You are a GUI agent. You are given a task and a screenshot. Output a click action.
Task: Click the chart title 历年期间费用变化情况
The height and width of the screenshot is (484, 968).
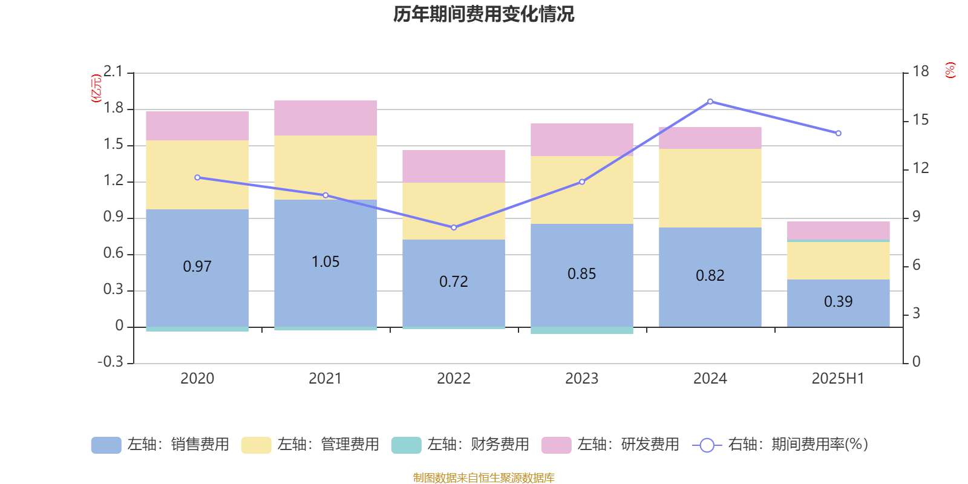pos(483,14)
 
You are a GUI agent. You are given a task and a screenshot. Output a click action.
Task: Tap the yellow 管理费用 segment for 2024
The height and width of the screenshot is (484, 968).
pos(710,188)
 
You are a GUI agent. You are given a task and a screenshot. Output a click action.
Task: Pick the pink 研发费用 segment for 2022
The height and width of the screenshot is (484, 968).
pos(454,166)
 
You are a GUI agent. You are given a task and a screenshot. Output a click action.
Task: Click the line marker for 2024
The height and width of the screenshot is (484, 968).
pos(710,102)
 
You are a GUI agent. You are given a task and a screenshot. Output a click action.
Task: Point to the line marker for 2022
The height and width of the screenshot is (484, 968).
pos(454,227)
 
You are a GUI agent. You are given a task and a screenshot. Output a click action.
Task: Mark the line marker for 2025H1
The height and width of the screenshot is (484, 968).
pos(839,133)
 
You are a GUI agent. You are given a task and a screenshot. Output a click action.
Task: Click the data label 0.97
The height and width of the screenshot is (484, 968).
pos(197,266)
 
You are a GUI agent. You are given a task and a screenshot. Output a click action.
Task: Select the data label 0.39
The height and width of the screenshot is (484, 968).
pos(838,301)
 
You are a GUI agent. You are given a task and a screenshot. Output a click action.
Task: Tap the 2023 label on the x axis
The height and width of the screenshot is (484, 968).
pos(581,379)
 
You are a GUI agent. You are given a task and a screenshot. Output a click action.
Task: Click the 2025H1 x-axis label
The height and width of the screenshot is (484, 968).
pos(838,379)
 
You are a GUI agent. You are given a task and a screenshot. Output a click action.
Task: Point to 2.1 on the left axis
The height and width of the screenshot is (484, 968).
pos(113,72)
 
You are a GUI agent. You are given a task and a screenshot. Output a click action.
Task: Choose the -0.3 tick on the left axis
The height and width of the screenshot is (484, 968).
pos(110,362)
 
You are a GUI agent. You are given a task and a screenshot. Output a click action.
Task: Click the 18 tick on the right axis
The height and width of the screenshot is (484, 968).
pos(920,71)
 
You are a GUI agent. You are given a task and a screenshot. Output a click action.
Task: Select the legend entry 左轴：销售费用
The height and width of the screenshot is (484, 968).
pos(160,445)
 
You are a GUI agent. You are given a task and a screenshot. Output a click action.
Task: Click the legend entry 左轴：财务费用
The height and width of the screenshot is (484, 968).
pos(460,445)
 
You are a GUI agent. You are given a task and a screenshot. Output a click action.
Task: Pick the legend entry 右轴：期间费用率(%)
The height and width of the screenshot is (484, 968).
pos(780,445)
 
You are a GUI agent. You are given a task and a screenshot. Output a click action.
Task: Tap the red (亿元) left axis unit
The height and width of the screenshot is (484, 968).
pos(96,88)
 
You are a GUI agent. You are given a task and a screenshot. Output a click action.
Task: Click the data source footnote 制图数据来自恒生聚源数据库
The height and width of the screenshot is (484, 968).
pos(483,478)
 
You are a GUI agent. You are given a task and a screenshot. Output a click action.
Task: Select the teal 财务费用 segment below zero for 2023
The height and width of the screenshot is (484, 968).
pos(581,330)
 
